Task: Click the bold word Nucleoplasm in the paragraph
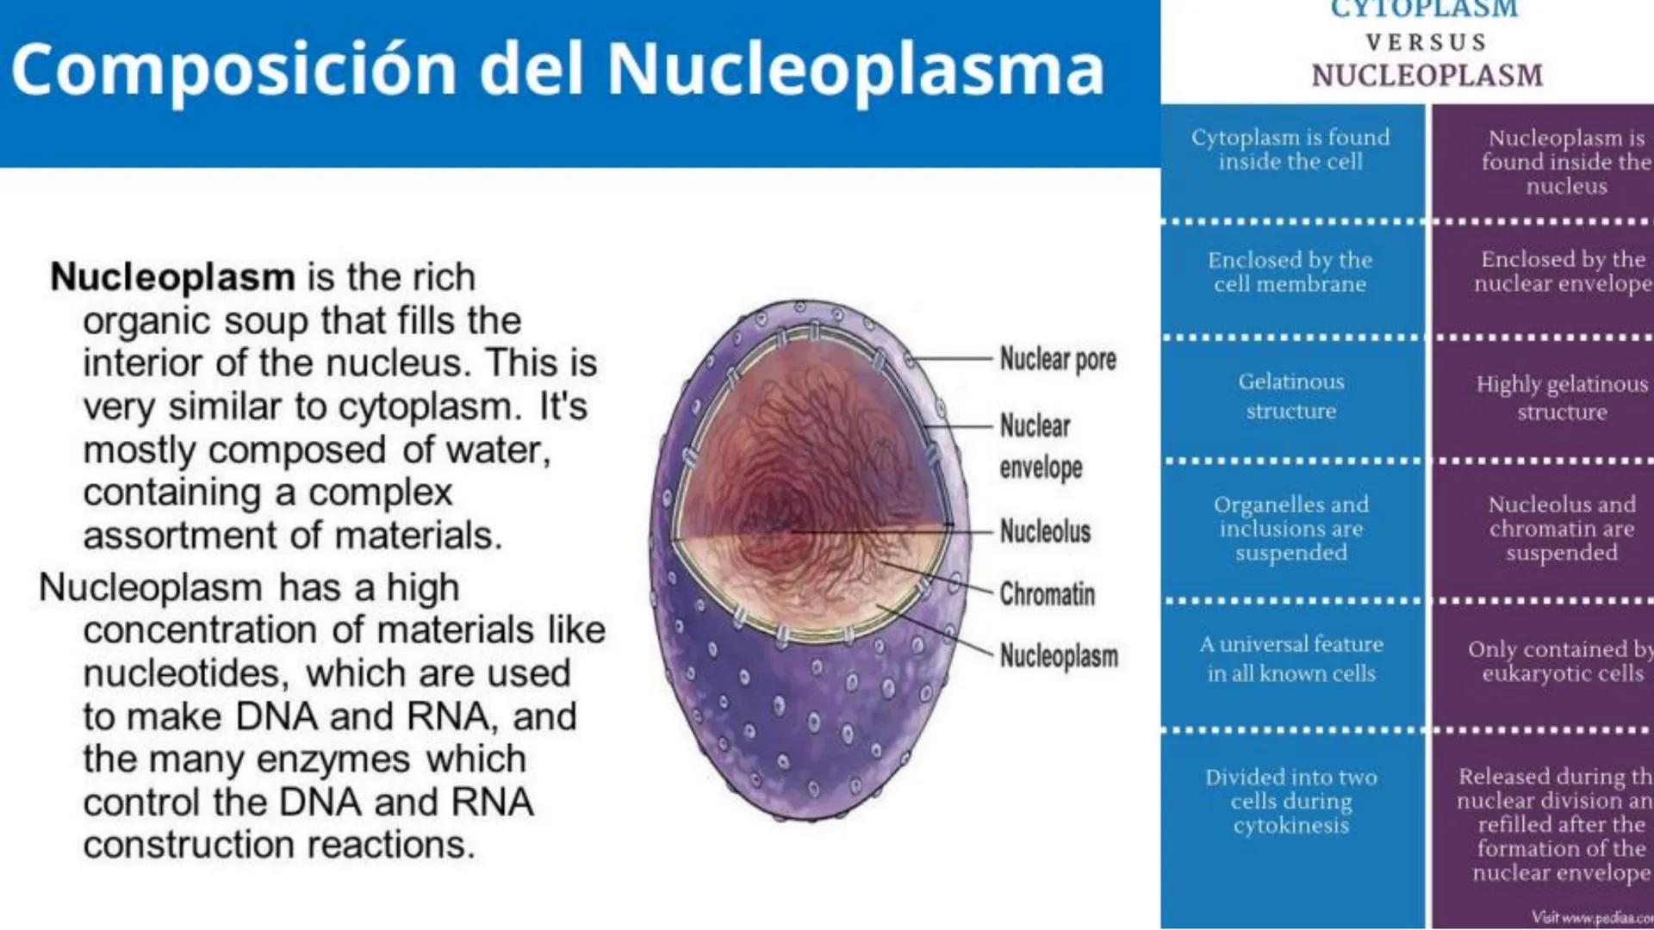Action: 172,277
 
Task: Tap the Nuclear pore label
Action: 1057,359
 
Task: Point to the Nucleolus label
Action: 1045,531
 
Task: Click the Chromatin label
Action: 1047,594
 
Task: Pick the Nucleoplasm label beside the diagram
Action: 1058,656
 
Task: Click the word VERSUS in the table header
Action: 1427,42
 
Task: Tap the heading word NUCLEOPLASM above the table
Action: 1427,76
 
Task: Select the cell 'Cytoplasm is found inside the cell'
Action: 1290,150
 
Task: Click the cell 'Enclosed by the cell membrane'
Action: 1290,272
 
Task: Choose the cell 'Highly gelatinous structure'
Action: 1562,397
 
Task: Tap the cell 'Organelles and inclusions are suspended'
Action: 1290,528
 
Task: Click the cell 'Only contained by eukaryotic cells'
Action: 1559,660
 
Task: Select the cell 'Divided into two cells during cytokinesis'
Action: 1290,801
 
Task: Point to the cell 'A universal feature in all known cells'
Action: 1290,659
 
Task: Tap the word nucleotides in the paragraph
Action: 184,673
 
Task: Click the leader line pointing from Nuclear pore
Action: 952,358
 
